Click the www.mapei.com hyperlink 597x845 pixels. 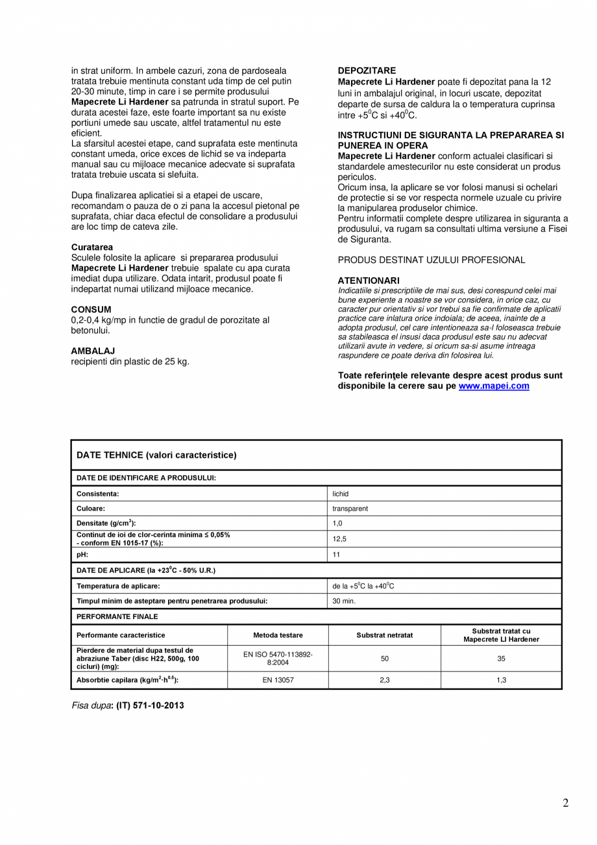click(493, 386)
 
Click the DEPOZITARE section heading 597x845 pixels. click(367, 70)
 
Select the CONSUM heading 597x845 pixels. click(91, 309)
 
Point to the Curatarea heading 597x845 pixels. click(92, 247)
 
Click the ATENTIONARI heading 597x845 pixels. click(369, 280)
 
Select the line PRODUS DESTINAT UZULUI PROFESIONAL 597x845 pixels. click(431, 260)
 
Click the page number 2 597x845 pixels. click(565, 803)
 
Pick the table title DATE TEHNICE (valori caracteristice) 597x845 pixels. click(156, 455)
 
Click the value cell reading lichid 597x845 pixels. click(340, 494)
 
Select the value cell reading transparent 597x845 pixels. click(350, 509)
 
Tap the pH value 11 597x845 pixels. click(336, 555)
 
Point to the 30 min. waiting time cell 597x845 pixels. click(344, 601)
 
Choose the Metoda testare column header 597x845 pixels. click(278, 635)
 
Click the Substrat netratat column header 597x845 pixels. click(384, 635)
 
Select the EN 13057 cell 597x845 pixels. click(278, 680)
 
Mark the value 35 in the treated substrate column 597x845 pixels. click(501, 659)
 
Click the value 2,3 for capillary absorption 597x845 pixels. click(384, 680)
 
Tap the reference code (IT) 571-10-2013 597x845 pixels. click(150, 705)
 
